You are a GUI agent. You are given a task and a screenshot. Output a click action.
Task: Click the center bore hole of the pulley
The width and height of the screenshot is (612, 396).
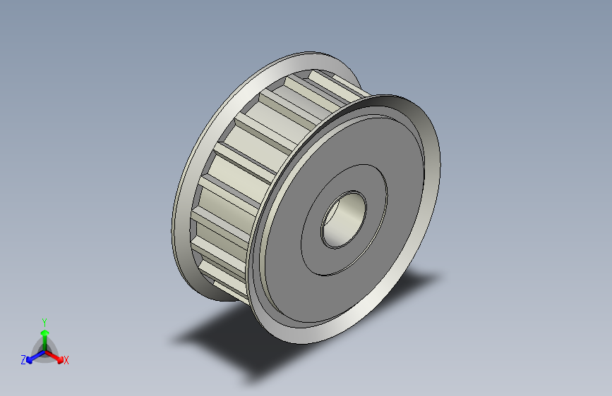[344, 219]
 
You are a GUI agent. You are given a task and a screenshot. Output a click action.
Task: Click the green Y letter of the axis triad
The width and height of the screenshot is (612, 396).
[44, 323]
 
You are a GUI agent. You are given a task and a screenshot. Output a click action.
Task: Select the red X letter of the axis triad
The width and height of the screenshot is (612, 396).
[66, 360]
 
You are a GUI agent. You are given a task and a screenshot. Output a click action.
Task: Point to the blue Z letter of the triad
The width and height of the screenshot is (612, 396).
[23, 360]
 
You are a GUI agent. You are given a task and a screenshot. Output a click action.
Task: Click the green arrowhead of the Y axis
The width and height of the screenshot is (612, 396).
[45, 333]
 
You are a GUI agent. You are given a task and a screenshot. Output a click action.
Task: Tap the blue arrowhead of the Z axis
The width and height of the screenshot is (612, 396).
[29, 360]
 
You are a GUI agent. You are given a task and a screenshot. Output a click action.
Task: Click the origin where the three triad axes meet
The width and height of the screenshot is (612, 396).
[45, 352]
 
